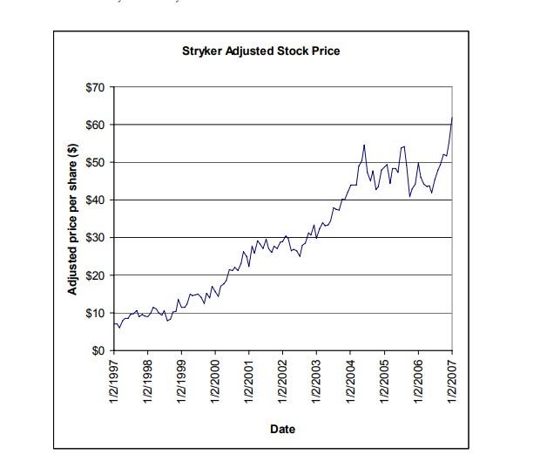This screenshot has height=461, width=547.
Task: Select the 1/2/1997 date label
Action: coord(114,382)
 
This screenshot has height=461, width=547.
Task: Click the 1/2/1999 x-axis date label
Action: coord(182,382)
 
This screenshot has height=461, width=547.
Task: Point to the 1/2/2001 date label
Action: coord(249,382)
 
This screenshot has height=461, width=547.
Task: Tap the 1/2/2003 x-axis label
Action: coord(317,382)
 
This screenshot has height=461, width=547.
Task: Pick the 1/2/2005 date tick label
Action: coord(384,382)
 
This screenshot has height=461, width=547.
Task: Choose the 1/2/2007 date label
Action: coord(452,382)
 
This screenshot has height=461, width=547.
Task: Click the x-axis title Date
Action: coord(282,429)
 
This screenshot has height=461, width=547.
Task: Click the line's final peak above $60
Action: coord(452,117)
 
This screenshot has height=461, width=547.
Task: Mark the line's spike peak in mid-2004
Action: coord(364,145)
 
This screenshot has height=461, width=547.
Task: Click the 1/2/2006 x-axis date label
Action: coord(418,382)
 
